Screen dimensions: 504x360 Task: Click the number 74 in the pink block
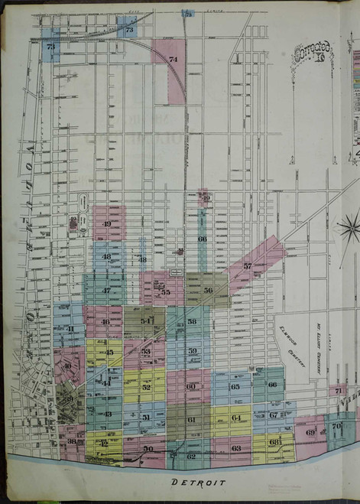(173, 59)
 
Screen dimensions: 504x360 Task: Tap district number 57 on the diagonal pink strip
(247, 265)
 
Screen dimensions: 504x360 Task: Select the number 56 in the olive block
(208, 291)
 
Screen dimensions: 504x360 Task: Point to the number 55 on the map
(165, 291)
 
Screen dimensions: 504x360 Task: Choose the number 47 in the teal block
(106, 291)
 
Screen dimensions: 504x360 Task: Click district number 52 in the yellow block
(146, 387)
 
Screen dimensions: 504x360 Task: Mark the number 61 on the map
(191, 420)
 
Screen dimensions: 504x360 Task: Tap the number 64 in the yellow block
(235, 418)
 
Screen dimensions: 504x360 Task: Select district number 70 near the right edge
(336, 426)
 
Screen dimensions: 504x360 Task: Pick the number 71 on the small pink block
(338, 391)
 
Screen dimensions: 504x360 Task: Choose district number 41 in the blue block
(70, 329)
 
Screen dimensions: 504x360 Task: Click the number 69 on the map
(310, 432)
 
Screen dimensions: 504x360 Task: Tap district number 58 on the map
(192, 322)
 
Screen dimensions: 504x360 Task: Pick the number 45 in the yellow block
(109, 353)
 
